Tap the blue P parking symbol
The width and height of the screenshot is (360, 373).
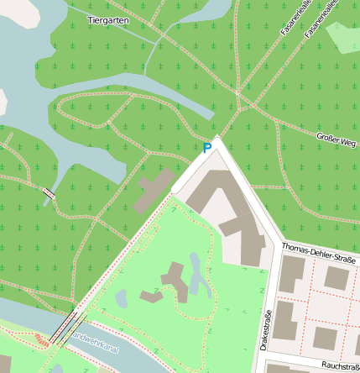[x=207, y=149]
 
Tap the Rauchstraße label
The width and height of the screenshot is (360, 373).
[x=340, y=366]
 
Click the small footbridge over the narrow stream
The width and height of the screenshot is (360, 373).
[x=49, y=193]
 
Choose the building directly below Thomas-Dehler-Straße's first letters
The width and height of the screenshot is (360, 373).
[x=292, y=275]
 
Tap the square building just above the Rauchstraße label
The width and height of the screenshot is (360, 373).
[x=325, y=338]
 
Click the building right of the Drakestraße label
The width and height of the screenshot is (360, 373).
[x=285, y=320]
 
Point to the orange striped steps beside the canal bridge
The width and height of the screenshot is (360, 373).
[x=40, y=340]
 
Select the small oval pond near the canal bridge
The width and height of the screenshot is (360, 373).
[x=122, y=298]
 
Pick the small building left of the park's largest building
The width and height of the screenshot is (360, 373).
[x=151, y=297]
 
